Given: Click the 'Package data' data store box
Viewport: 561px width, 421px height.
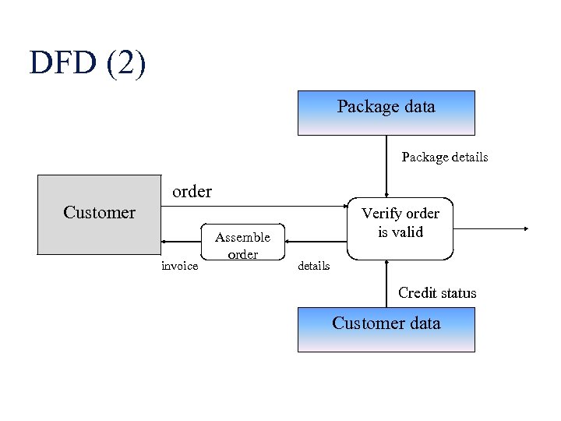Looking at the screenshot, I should tap(386, 113).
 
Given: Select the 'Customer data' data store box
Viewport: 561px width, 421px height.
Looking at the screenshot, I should tap(386, 330).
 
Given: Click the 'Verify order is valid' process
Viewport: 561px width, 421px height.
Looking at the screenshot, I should tap(400, 228).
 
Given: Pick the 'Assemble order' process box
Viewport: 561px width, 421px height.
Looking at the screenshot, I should tap(242, 245).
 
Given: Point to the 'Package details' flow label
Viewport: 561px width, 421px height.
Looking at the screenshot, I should tap(444, 157).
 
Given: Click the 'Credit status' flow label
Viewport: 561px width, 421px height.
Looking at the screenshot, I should tap(436, 293).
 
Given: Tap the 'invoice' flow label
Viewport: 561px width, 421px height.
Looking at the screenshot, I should tap(179, 266).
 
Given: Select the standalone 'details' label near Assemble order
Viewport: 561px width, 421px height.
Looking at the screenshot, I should tap(313, 266).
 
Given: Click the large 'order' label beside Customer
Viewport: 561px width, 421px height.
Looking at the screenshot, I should tap(192, 191).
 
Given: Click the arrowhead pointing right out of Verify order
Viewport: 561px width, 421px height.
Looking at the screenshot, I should tap(526, 229).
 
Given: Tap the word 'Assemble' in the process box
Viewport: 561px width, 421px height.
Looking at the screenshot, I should tap(242, 237).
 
